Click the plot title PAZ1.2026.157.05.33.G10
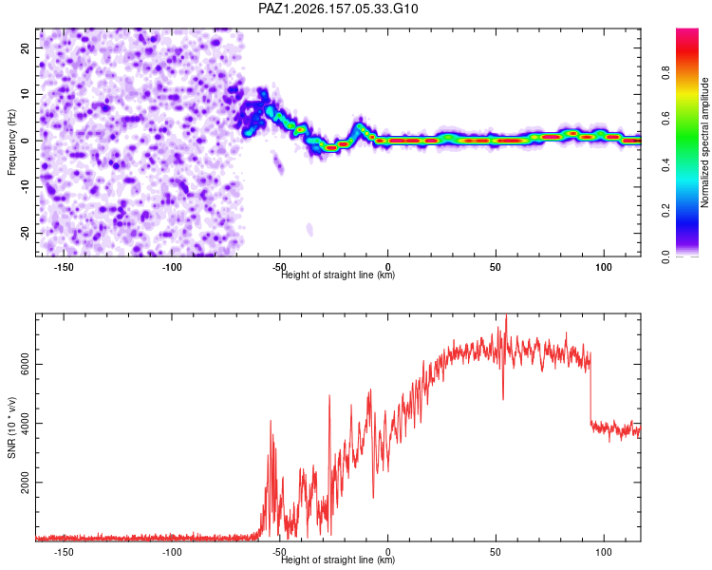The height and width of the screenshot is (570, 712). (338, 9)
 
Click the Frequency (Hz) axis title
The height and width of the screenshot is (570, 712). (11, 142)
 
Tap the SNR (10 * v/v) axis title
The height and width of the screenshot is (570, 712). (11, 427)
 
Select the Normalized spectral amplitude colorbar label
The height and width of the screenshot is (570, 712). (704, 142)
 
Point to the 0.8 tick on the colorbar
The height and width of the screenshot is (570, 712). (665, 73)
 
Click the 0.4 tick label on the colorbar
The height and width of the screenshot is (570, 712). (665, 165)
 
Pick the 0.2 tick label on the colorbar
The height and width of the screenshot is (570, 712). (665, 211)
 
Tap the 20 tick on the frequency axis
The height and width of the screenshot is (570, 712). (25, 47)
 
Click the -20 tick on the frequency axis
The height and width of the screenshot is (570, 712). (25, 234)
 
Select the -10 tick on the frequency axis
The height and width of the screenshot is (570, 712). (25, 187)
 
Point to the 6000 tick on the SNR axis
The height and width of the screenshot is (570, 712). (25, 364)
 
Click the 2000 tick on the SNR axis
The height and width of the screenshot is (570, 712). (25, 483)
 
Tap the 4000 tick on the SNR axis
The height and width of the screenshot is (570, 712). (25, 423)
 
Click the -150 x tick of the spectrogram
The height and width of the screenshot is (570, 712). (64, 267)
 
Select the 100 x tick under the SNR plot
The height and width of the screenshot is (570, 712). (604, 552)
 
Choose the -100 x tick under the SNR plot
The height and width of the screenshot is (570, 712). (172, 552)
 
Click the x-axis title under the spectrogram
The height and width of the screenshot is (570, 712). (338, 275)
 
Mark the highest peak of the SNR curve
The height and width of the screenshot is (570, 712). (507, 315)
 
